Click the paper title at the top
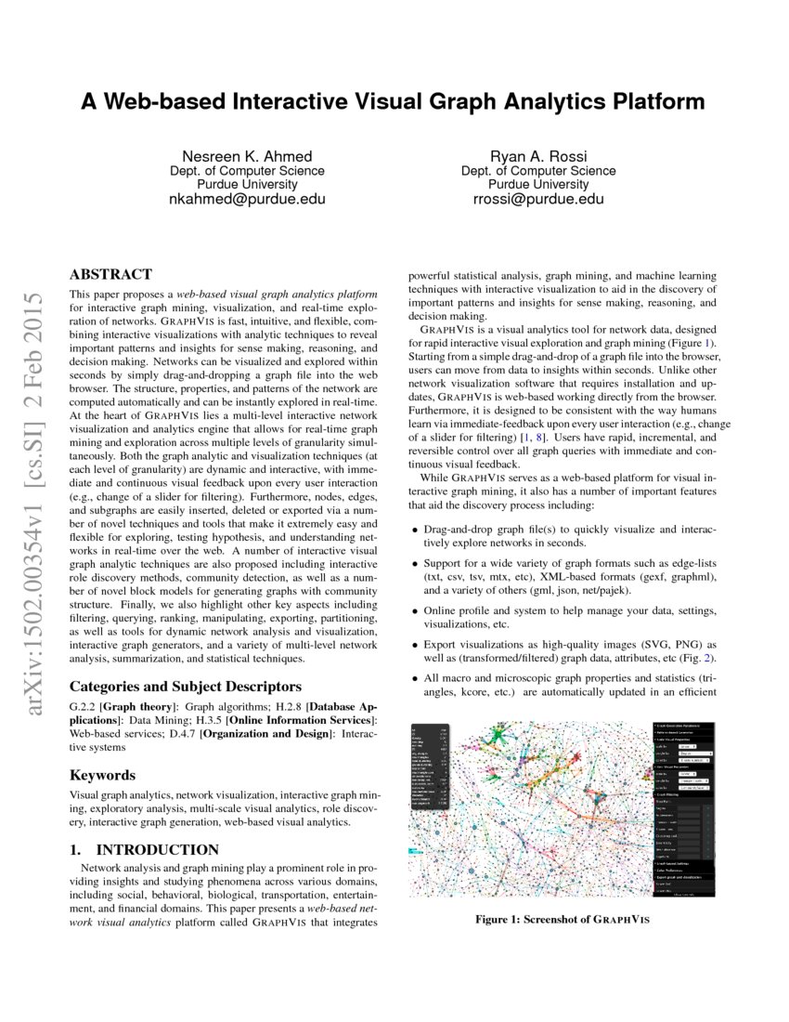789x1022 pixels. [393, 101]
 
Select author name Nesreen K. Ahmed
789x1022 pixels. [246, 155]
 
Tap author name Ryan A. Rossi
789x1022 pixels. [537, 155]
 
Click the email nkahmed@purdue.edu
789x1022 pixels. [246, 199]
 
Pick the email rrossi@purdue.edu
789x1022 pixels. [537, 199]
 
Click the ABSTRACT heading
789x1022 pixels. [110, 274]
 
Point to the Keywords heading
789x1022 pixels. [103, 775]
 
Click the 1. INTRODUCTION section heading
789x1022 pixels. [145, 849]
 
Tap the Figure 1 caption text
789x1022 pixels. [563, 920]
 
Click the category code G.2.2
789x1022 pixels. [84, 708]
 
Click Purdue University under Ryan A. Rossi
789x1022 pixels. [537, 184]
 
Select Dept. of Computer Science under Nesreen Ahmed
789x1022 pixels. [246, 170]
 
